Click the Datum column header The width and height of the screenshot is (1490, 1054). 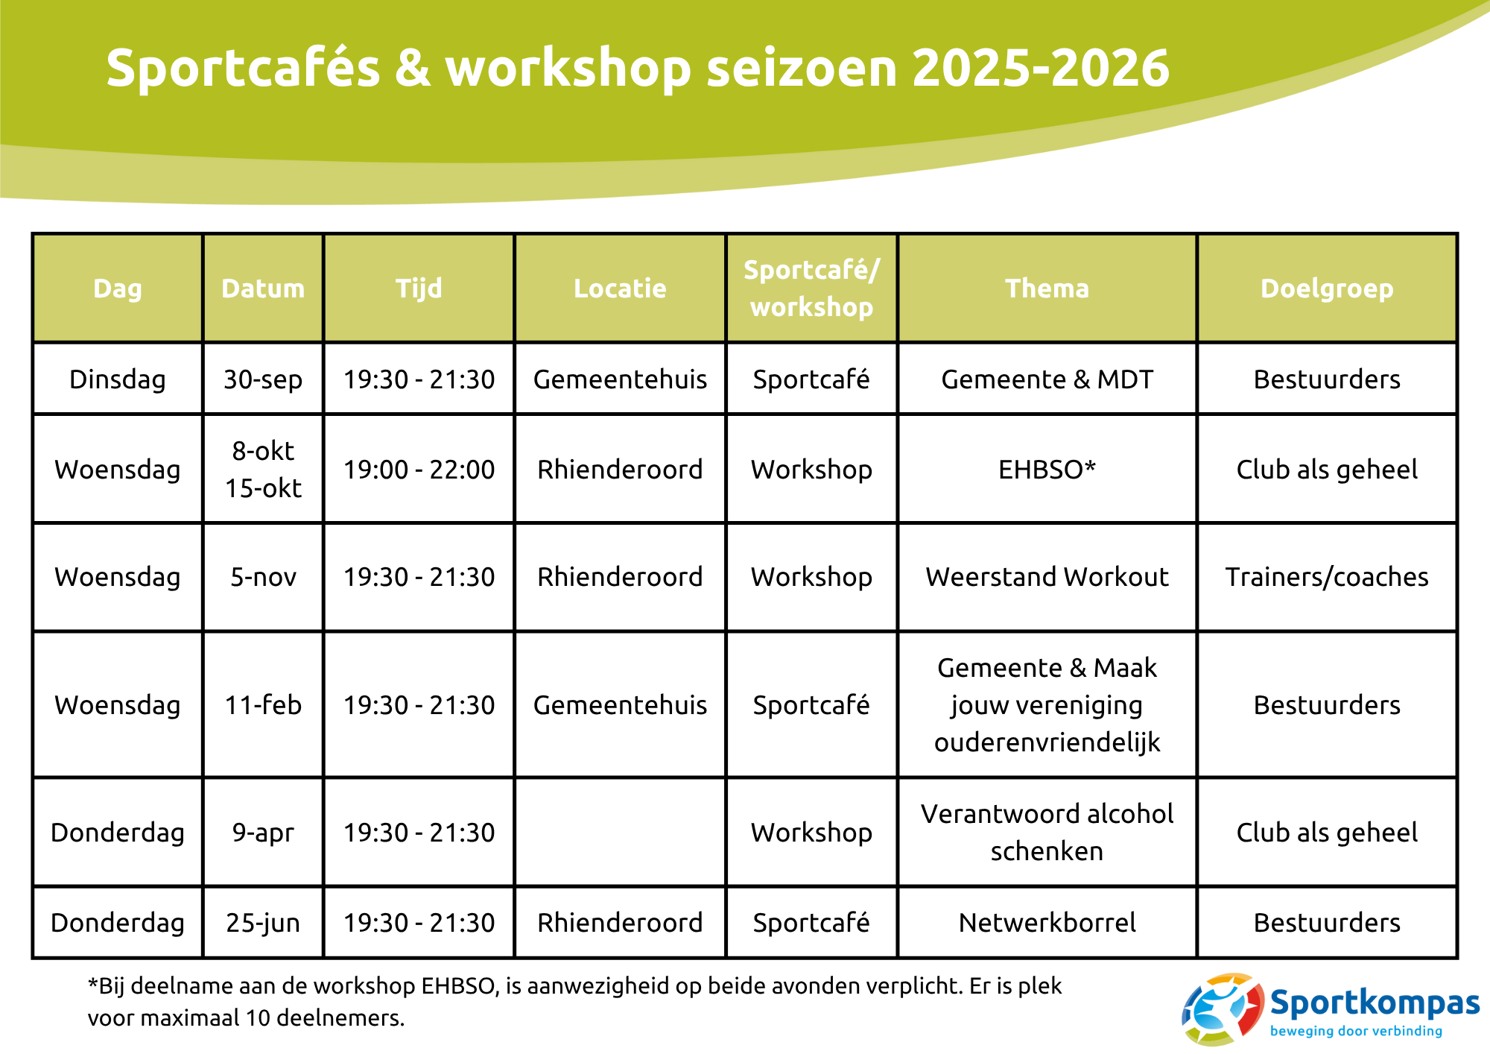pos(263,288)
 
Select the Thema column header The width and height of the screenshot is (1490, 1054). pos(1047,288)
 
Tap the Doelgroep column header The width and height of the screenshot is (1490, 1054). pos(1326,288)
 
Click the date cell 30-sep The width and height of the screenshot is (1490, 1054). pos(263,379)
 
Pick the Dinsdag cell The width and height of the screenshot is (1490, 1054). pos(118,379)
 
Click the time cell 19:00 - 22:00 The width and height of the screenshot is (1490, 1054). pos(419,470)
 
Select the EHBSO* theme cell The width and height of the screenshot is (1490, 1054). pos(1047,470)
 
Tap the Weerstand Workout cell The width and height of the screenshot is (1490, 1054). pos(1047,577)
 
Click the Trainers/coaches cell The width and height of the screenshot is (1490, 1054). pos(1326,577)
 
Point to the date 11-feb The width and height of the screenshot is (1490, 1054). pos(263,705)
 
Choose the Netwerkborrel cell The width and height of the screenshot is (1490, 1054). pos(1047,923)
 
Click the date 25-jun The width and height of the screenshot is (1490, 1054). pos(263,923)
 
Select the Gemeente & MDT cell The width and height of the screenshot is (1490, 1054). pos(1047,379)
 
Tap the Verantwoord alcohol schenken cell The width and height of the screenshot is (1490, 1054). pos(1047,832)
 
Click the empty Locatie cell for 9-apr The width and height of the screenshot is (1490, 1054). pos(620,832)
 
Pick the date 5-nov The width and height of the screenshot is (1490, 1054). pos(263,577)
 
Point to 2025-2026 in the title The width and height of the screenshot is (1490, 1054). pos(1040,68)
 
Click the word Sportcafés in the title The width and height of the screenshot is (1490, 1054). pos(243,68)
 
